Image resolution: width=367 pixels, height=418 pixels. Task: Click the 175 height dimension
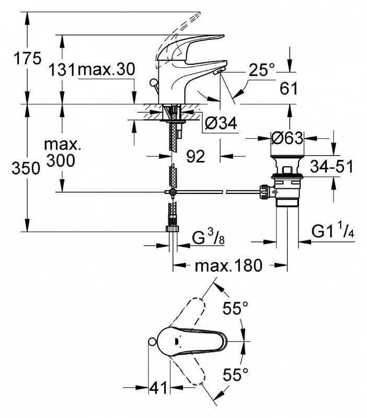(x=28, y=59)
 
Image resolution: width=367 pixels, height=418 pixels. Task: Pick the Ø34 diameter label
(x=220, y=123)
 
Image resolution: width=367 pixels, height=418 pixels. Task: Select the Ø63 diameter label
(x=287, y=138)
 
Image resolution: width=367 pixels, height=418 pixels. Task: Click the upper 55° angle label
(x=233, y=309)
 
